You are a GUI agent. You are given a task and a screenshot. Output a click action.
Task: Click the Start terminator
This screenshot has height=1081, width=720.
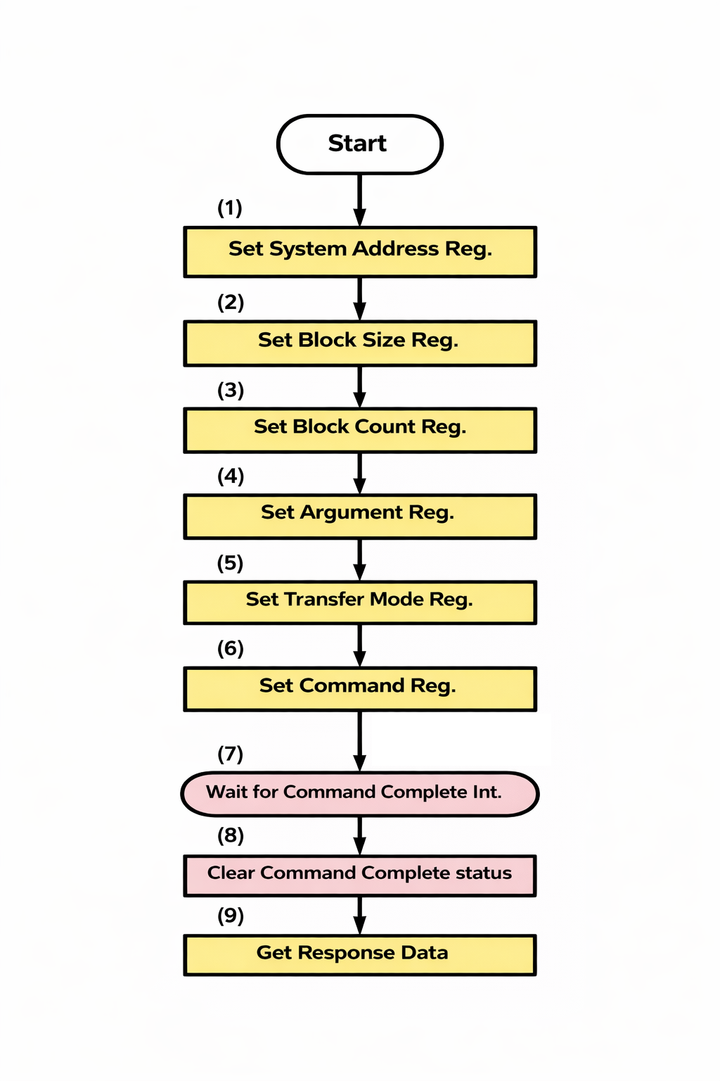pos(359,144)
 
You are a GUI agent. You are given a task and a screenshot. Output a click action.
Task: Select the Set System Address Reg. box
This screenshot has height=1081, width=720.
pos(359,251)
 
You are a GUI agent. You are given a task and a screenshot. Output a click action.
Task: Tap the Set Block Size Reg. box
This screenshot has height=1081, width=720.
pos(359,343)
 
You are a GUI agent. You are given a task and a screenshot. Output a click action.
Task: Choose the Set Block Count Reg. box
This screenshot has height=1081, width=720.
pos(359,429)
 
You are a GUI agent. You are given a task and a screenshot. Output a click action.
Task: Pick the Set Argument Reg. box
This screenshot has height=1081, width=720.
pos(359,516)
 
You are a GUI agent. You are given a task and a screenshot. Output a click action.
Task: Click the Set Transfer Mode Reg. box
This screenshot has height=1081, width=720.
pos(359,602)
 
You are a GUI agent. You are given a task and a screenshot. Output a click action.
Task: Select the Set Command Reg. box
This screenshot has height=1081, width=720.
pos(359,688)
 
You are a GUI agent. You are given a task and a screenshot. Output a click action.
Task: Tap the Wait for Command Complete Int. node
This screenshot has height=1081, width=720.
pos(359,794)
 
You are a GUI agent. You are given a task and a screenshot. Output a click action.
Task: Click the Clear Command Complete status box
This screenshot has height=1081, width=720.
pos(359,875)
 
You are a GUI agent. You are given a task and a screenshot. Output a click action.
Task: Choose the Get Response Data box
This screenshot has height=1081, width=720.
pos(359,954)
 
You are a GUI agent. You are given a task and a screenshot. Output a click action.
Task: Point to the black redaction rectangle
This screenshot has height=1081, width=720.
pos(461,740)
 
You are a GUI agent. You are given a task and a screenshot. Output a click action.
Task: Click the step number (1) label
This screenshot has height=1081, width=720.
pos(230,208)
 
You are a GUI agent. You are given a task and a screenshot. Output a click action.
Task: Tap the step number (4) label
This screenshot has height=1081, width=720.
pos(231,476)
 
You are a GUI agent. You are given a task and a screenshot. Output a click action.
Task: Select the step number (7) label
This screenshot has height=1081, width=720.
pos(231,754)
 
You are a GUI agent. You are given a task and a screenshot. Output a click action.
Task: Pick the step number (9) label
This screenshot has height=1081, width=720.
pos(231,916)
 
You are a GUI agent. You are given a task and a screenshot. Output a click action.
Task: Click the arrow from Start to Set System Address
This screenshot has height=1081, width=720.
pos(360,200)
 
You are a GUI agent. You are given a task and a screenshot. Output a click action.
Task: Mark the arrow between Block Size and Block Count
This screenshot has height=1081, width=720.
pos(360,386)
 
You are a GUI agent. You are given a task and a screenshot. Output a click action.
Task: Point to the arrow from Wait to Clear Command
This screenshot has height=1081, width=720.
pos(360,835)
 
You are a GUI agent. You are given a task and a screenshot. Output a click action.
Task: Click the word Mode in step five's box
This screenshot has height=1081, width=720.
pos(397,599)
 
